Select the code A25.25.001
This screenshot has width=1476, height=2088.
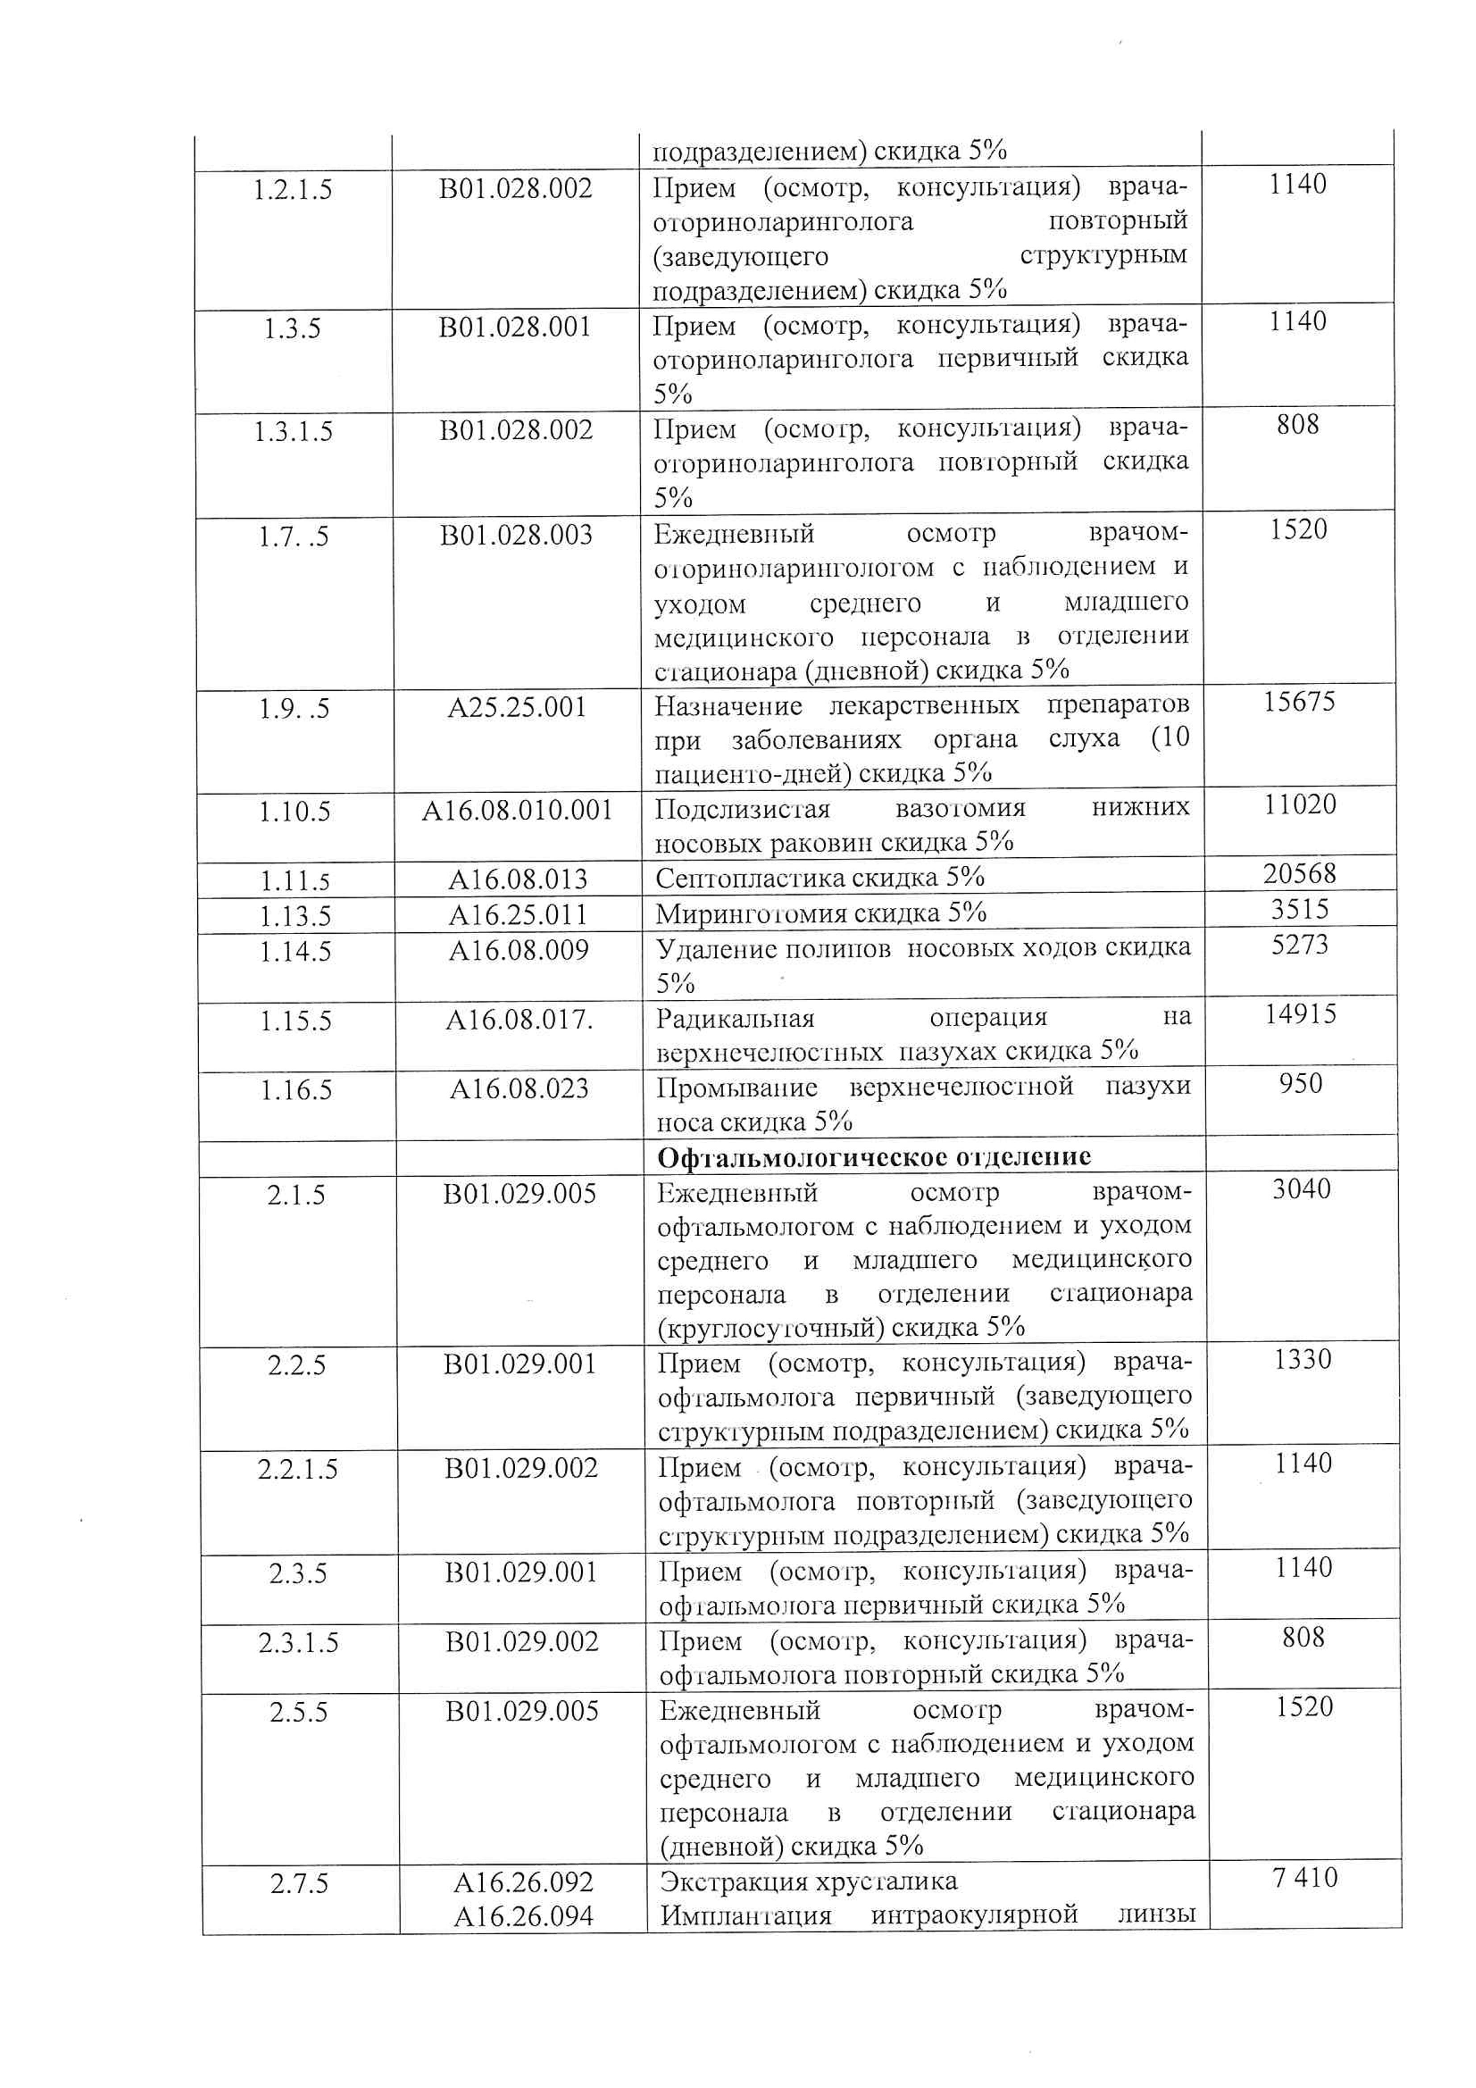coord(517,707)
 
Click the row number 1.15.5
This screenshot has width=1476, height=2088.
coord(296,1021)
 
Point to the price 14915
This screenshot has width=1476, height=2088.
coord(1301,1014)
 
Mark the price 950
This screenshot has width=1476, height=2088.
coord(1301,1084)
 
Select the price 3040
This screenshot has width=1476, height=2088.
coord(1301,1189)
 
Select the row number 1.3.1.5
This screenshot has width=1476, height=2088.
coord(294,431)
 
